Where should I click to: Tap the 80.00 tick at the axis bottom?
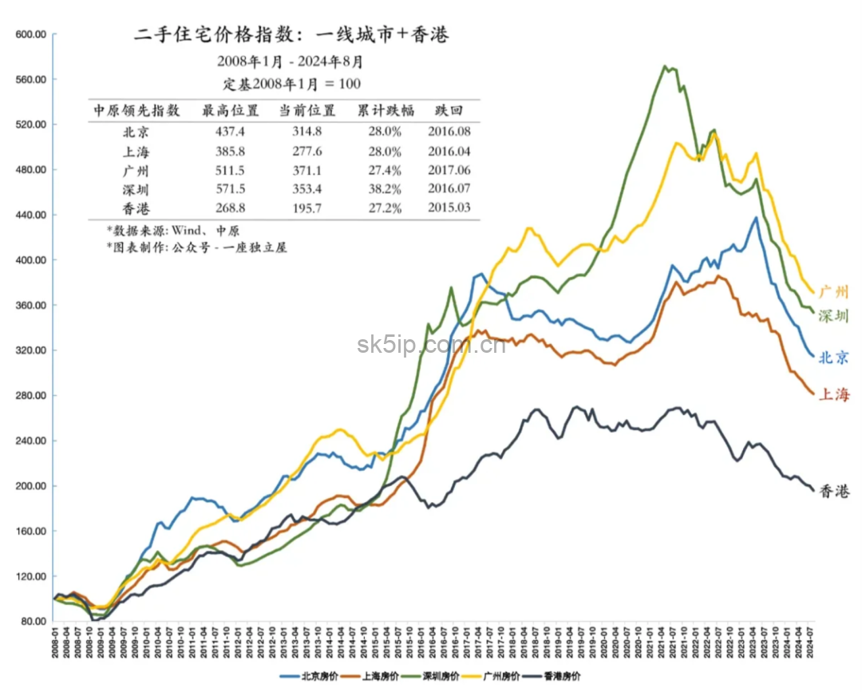click(34, 621)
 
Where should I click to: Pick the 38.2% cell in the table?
click(379, 189)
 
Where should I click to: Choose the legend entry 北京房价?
click(310, 676)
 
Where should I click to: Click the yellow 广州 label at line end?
click(833, 292)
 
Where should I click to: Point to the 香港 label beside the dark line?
click(834, 492)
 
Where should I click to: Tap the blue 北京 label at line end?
click(833, 358)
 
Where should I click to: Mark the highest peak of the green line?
click(666, 66)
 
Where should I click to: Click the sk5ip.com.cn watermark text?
click(431, 345)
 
